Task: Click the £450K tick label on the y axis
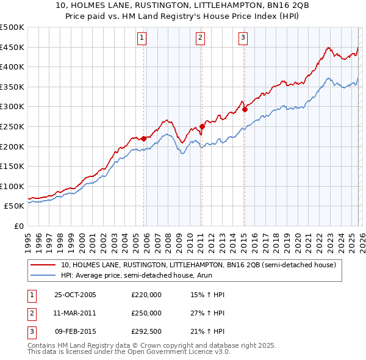click(12, 47)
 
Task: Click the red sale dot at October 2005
click(144, 139)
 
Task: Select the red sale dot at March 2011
click(202, 126)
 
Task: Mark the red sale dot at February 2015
click(245, 110)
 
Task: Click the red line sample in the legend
click(43, 265)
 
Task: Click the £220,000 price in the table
click(146, 295)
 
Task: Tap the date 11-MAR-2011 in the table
click(75, 313)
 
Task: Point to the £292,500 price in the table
click(146, 331)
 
